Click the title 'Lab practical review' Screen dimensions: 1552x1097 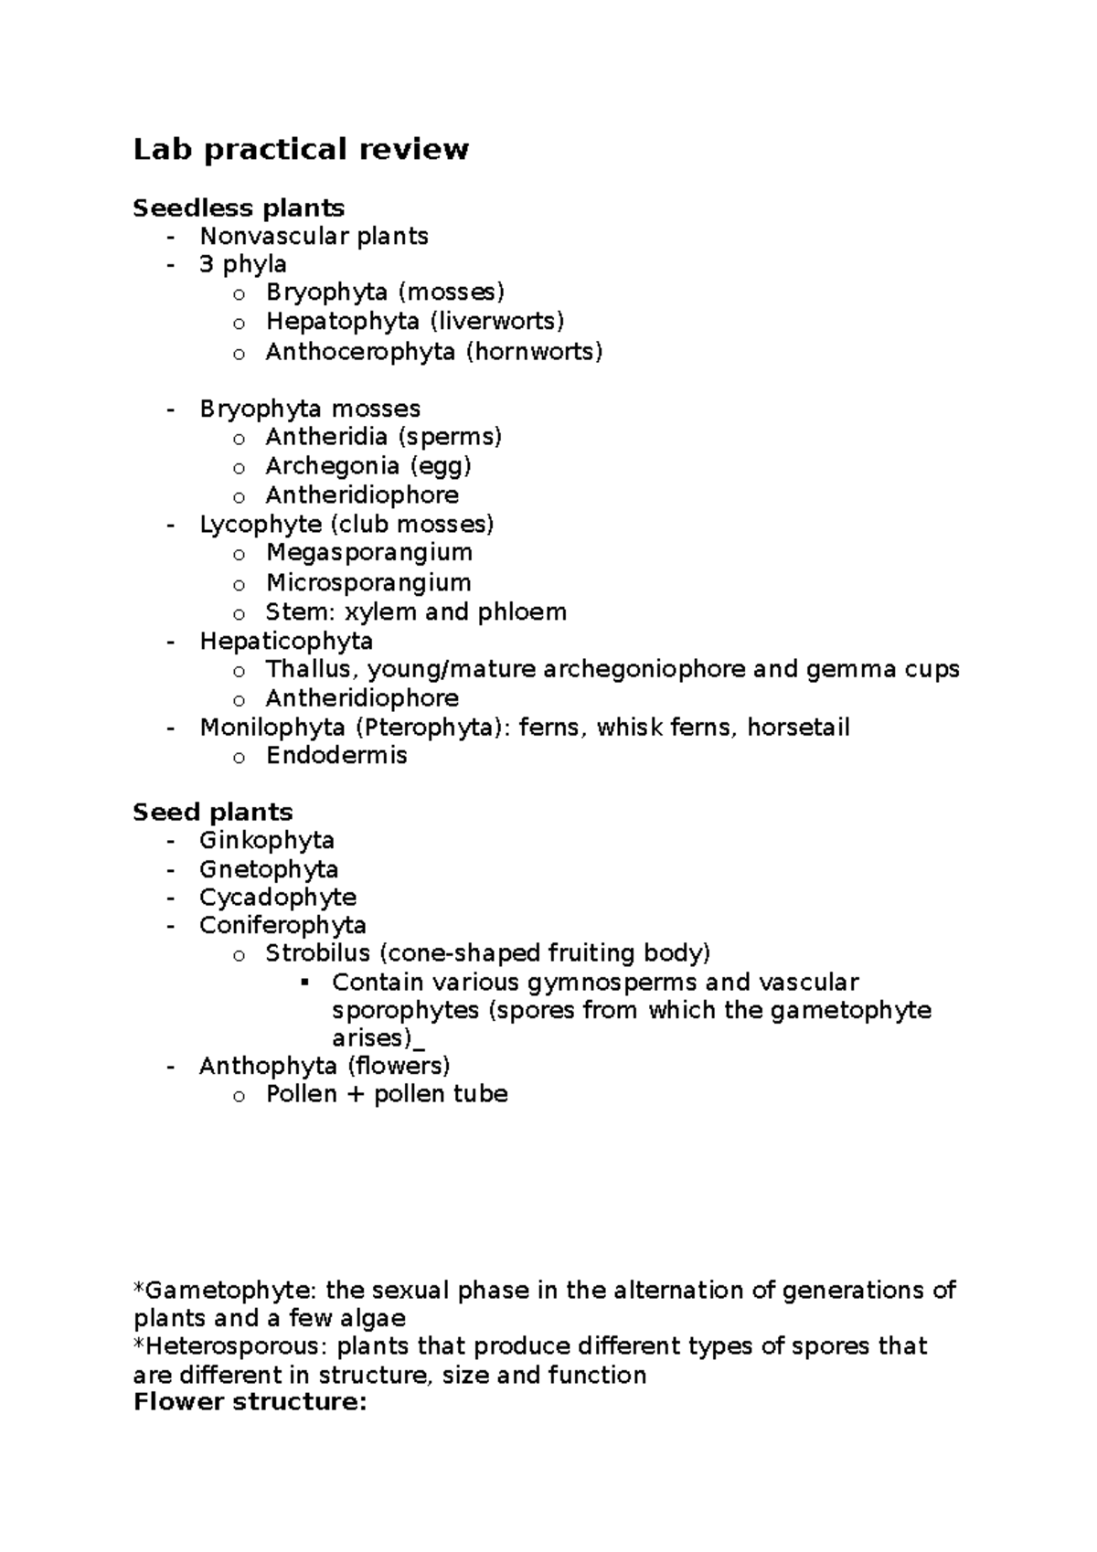301,149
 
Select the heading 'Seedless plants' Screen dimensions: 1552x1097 239,208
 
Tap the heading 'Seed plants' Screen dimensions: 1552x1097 213,812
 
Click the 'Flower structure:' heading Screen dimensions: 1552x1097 250,1402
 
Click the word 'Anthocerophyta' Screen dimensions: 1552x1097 360,351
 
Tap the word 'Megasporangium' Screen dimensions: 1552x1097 369,552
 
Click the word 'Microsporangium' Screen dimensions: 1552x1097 368,582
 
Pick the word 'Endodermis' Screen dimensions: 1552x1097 336,756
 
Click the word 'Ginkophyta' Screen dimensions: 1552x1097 267,840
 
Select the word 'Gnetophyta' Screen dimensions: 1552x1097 269,869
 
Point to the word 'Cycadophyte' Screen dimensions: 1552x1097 278,898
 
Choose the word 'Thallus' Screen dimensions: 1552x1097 308,669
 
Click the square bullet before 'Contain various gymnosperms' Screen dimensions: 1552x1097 304,983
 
